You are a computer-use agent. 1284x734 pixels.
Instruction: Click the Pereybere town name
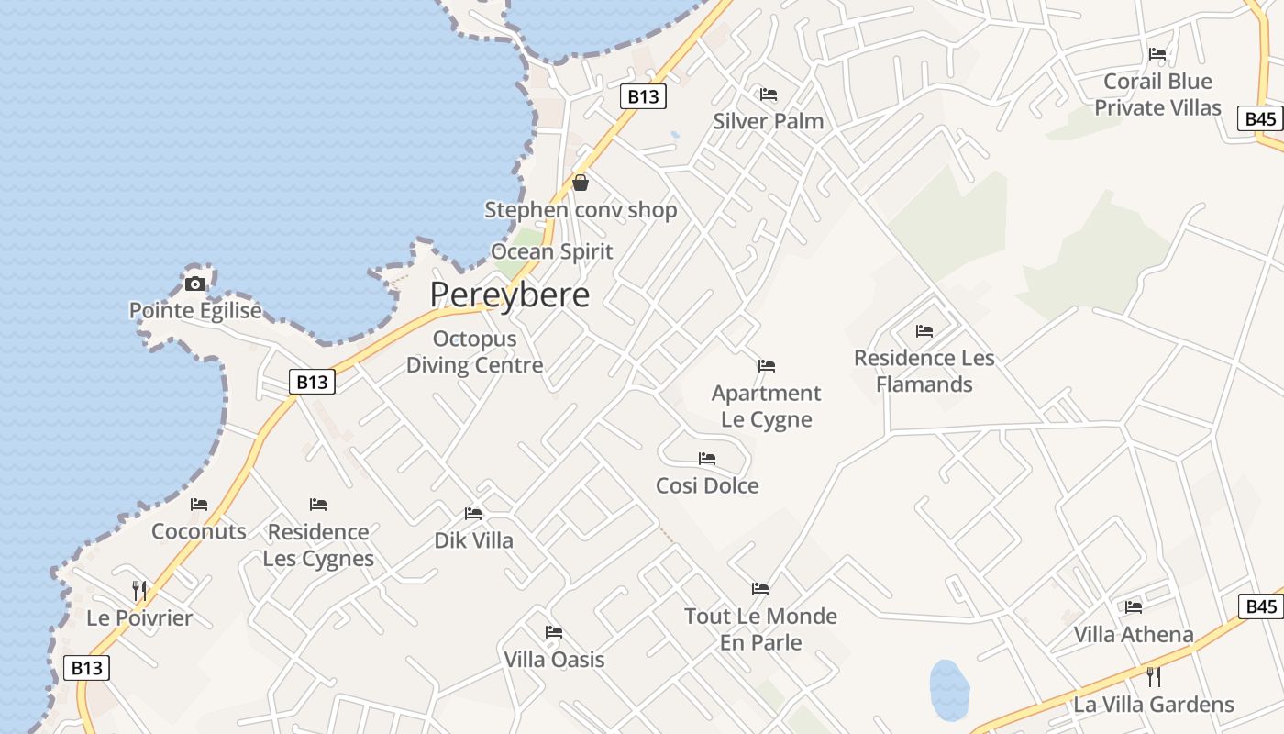point(510,295)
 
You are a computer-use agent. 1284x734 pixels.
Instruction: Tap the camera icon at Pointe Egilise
point(195,284)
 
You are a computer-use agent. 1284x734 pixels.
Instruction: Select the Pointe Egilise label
point(195,311)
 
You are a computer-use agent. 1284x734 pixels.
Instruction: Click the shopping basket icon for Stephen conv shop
point(580,183)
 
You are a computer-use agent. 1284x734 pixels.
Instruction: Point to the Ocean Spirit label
point(552,251)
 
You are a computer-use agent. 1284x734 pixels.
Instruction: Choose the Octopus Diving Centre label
point(474,352)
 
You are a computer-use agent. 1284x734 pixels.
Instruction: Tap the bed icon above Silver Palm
point(769,94)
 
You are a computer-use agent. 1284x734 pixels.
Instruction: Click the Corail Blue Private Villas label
point(1157,95)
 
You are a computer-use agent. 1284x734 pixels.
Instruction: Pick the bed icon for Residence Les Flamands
point(924,330)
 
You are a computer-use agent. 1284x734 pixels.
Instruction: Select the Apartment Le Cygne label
point(767,406)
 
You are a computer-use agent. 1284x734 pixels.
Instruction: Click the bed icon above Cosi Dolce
point(707,458)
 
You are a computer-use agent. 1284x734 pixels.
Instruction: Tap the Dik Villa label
point(474,540)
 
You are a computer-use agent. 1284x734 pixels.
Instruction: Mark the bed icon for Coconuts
point(199,505)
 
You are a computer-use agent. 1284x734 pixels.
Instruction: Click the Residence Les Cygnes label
point(318,545)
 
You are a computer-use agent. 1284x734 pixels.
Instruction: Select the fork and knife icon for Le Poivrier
point(139,590)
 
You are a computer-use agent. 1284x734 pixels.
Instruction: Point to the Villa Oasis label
point(554,660)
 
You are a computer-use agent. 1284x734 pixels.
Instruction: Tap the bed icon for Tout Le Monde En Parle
point(760,588)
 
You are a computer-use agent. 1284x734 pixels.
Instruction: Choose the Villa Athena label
point(1134,634)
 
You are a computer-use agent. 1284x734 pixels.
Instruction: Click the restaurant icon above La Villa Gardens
point(1154,677)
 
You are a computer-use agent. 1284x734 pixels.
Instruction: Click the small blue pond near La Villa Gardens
point(949,689)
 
